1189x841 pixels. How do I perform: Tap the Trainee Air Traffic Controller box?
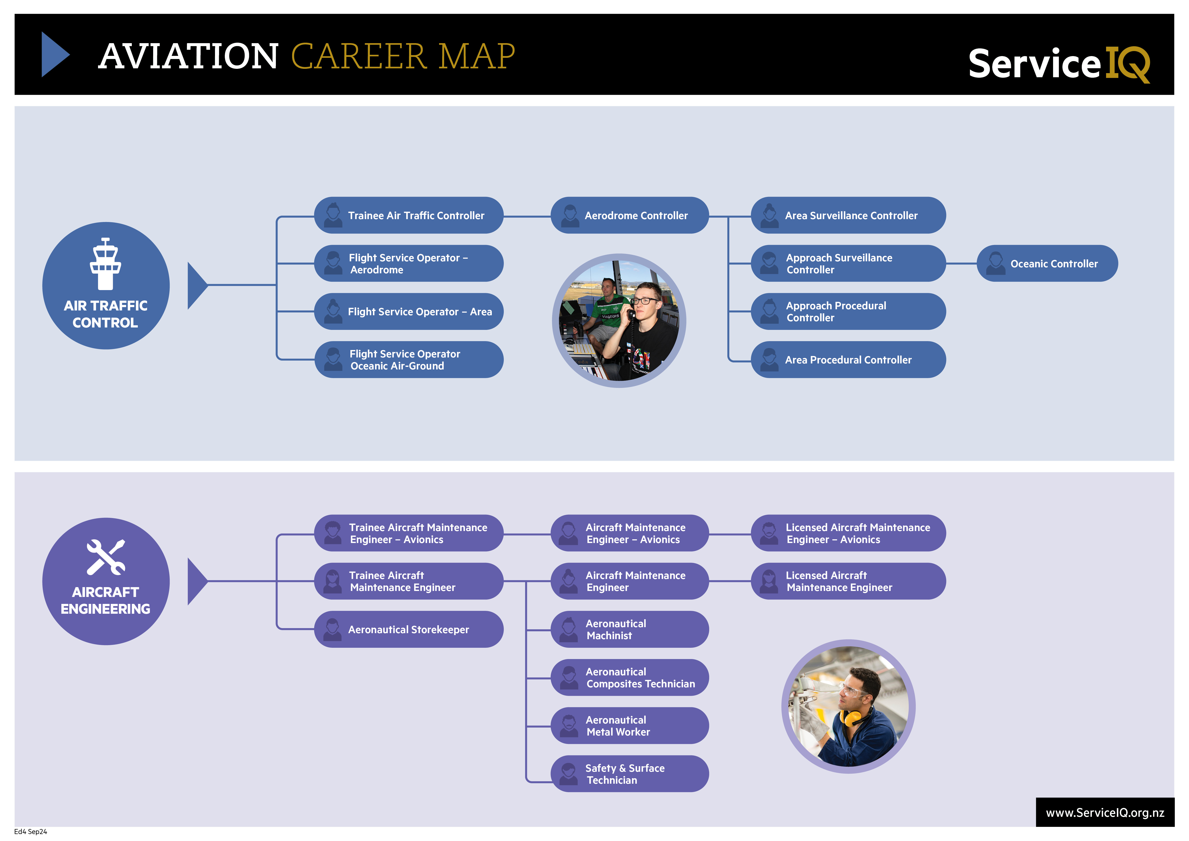(x=409, y=216)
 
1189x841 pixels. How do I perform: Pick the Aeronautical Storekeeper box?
(x=409, y=629)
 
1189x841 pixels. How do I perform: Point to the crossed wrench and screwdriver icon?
(x=106, y=557)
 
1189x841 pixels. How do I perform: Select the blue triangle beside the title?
(x=55, y=54)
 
